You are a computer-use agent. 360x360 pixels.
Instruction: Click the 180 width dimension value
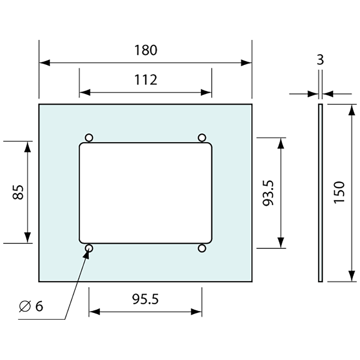coord(146,50)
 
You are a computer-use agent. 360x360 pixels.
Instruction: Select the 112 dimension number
coord(146,80)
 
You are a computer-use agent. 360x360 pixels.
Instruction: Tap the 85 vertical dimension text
coord(18,192)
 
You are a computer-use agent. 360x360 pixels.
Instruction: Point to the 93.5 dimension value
coord(268,193)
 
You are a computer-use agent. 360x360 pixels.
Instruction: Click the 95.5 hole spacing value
coord(146,299)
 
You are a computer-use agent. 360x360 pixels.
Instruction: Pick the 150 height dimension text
coord(339,192)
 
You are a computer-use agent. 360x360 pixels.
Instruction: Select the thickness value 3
coord(320,60)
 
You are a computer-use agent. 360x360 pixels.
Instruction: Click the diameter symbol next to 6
coord(25,306)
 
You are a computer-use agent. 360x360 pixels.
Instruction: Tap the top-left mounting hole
coord(89,137)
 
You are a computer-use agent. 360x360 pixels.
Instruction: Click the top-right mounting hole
coord(202,137)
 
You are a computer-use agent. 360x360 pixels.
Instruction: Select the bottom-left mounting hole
coord(89,249)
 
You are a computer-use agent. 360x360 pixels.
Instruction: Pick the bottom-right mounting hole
coord(202,249)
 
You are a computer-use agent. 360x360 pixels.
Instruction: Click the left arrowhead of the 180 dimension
coord(45,63)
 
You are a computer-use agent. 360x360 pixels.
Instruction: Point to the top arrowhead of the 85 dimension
coord(27,147)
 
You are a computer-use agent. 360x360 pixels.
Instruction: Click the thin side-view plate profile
coord(320,193)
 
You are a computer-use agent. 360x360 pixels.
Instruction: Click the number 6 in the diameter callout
coord(39,306)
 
